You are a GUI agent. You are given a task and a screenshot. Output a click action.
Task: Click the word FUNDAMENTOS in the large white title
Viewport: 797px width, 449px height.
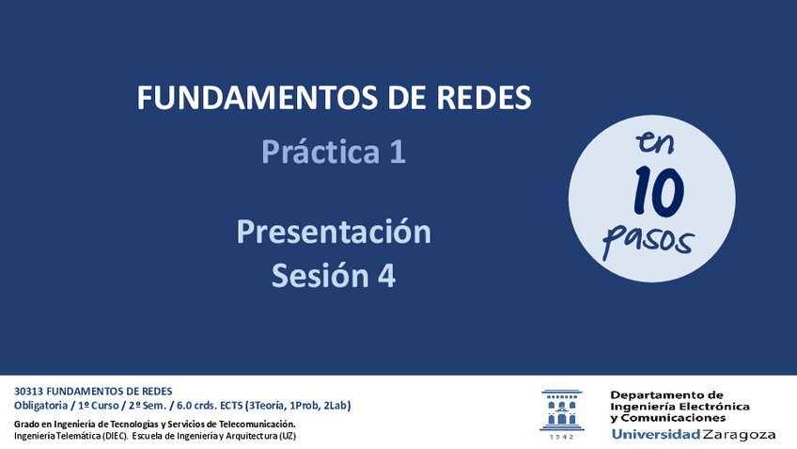tap(258, 97)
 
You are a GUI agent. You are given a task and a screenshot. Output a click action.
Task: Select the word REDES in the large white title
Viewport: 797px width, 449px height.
tap(484, 97)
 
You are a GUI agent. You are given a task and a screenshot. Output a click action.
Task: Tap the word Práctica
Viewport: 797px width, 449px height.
tap(320, 152)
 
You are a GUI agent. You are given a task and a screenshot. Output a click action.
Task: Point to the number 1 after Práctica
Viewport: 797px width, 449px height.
tap(398, 152)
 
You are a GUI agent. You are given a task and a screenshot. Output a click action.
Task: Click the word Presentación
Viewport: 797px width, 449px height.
tap(334, 232)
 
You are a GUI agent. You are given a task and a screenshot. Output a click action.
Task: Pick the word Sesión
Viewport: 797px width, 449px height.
tap(320, 276)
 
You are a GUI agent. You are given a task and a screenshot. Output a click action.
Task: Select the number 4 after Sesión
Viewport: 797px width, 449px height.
tap(387, 276)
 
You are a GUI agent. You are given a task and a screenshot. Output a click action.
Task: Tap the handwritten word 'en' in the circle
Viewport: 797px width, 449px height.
tap(655, 142)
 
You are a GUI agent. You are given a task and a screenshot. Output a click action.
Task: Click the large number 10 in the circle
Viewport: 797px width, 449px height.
tap(659, 191)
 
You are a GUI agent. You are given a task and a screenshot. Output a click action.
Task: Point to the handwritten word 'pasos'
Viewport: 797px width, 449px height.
tap(648, 240)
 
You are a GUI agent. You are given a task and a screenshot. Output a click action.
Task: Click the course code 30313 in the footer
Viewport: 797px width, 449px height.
tap(28, 392)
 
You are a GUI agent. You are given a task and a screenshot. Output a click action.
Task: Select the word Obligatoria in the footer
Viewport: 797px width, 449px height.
tap(40, 406)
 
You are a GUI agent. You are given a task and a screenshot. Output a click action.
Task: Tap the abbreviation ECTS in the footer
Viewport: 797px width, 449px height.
tap(231, 406)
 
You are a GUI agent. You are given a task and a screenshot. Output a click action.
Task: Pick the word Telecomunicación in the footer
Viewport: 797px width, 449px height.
tap(258, 424)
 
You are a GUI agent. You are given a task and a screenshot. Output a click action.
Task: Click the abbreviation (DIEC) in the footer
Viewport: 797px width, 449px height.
tap(115, 436)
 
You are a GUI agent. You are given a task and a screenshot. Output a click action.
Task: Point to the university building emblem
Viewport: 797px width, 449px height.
tap(562, 410)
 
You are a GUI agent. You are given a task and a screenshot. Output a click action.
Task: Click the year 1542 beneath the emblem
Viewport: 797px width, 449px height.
tap(562, 437)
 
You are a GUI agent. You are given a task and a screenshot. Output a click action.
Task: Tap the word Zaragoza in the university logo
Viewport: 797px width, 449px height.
tap(739, 435)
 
